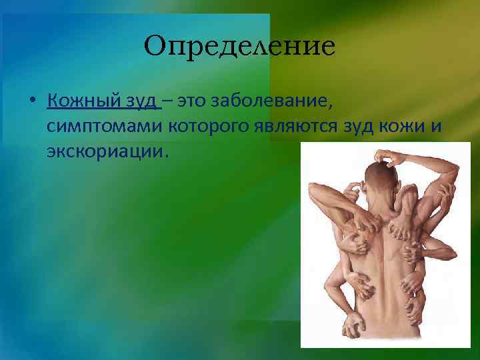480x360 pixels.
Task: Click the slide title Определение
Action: click(x=239, y=47)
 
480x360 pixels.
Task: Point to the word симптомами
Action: click(x=97, y=127)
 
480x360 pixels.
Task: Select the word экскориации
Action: click(x=104, y=151)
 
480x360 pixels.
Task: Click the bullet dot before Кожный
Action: click(x=32, y=103)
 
